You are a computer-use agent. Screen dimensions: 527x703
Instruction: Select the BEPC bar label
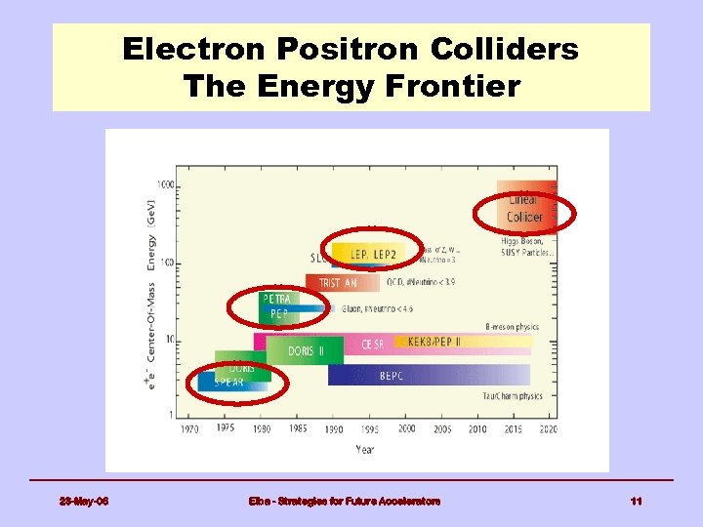(392, 376)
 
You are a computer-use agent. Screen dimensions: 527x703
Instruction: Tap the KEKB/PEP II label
(434, 342)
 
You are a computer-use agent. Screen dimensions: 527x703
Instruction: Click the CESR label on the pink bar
(373, 344)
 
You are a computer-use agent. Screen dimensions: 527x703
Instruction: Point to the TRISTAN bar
(338, 283)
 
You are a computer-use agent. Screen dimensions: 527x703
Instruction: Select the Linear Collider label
(524, 208)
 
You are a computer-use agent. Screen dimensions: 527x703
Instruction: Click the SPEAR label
(228, 383)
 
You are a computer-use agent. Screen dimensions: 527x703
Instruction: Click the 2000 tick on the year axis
(406, 428)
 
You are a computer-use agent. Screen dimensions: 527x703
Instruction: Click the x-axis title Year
(363, 451)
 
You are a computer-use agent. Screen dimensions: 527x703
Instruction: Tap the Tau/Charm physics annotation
(513, 396)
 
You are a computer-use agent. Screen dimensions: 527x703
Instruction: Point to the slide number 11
(636, 502)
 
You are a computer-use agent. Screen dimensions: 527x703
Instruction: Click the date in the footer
(84, 502)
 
